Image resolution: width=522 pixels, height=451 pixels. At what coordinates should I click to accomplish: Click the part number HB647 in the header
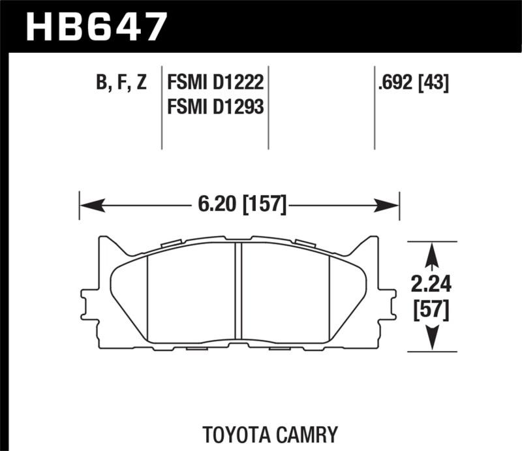tap(95, 27)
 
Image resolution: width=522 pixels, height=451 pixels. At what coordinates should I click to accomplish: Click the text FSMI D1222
tap(215, 84)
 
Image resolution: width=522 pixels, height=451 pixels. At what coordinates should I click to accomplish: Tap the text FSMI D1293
tap(215, 106)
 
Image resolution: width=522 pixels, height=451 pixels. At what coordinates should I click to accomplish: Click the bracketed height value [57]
tap(431, 311)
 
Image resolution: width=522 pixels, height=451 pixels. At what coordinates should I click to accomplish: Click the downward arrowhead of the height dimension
tap(431, 339)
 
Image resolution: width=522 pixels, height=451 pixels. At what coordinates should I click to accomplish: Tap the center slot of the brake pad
tap(238, 291)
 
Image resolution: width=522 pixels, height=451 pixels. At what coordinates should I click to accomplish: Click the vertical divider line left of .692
tap(374, 108)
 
